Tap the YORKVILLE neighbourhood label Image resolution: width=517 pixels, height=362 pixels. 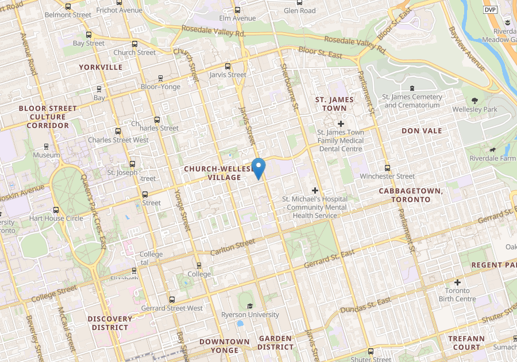pyautogui.click(x=101, y=67)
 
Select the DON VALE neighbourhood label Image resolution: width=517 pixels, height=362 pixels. pyautogui.click(x=422, y=130)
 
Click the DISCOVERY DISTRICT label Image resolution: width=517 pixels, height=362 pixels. pyautogui.click(x=110, y=323)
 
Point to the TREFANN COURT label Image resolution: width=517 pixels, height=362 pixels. pyautogui.click(x=466, y=343)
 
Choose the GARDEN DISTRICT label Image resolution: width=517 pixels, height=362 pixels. pyautogui.click(x=275, y=342)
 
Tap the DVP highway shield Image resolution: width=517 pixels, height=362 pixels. pyautogui.click(x=489, y=10)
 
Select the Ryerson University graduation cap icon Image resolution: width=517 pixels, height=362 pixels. pyautogui.click(x=250, y=305)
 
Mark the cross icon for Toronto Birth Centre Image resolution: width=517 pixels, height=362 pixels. pyautogui.click(x=457, y=282)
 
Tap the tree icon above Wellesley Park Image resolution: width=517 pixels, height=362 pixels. pyautogui.click(x=474, y=100)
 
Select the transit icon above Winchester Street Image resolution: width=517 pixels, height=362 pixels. pyautogui.click(x=387, y=168)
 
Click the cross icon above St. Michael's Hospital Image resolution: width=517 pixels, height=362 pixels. pyautogui.click(x=314, y=190)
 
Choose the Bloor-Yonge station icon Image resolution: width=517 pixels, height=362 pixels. pyautogui.click(x=160, y=78)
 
